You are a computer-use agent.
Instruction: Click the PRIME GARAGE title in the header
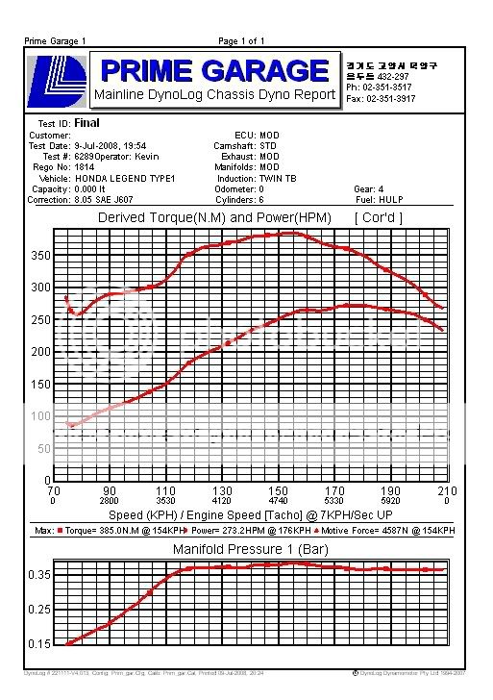point(213,70)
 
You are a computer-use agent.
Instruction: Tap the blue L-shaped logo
point(58,80)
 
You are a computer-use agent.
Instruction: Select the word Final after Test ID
point(86,123)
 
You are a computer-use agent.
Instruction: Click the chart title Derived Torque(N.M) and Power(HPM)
point(214,217)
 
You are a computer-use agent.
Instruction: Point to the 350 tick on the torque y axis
point(39,256)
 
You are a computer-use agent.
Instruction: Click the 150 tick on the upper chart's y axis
point(39,385)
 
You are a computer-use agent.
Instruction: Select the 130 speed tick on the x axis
point(222,490)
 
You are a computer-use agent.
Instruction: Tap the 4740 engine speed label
point(279,501)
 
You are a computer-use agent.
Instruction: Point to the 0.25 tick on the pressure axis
point(39,609)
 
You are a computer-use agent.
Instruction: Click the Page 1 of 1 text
point(241,41)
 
